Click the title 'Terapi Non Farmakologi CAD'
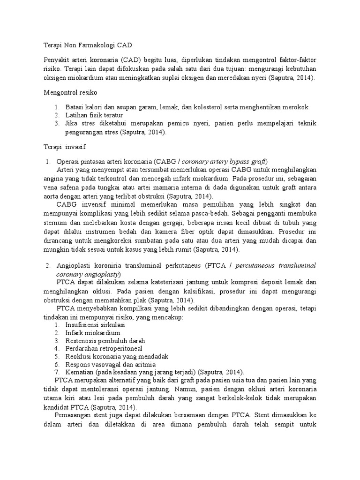tap(84, 45)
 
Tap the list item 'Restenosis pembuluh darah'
tap(105, 341)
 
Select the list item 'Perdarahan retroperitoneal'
tap(104, 349)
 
